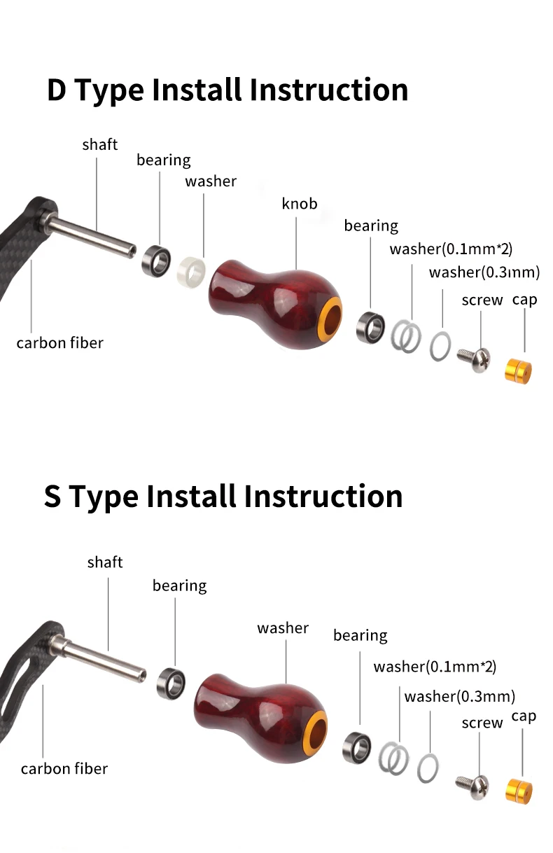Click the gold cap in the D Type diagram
[x=518, y=371]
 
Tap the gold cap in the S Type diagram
[x=519, y=791]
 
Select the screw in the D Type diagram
[x=474, y=359]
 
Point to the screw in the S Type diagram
[x=472, y=786]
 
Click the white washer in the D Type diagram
[x=191, y=272]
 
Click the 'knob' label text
[x=300, y=204]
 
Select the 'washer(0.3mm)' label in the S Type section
[x=460, y=697]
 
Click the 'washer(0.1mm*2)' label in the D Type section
[x=451, y=249]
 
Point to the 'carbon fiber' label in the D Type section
[x=59, y=343]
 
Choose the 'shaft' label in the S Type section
[x=105, y=562]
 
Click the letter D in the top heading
[x=57, y=90]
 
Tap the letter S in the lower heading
[x=52, y=497]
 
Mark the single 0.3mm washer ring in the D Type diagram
[x=440, y=346]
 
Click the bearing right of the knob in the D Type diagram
[x=370, y=328]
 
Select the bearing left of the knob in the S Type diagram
[x=171, y=683]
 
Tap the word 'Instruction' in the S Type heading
[x=323, y=497]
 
